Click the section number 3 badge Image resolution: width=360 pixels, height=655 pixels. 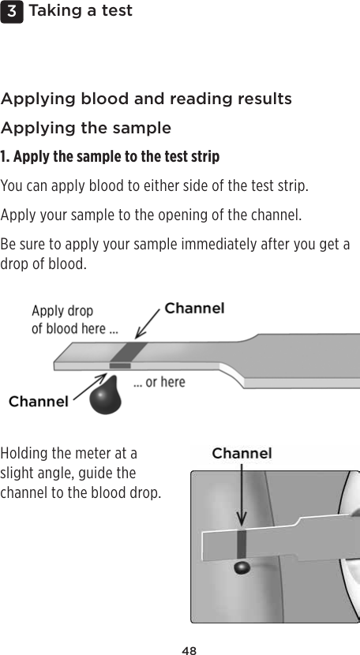[11, 11]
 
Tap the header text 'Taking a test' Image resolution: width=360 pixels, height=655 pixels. [80, 11]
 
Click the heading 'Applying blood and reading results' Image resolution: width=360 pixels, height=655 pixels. [146, 99]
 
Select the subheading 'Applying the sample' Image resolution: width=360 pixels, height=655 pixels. [86, 128]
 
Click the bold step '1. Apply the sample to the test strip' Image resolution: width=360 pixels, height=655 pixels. [110, 156]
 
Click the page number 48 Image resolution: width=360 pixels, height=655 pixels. [189, 650]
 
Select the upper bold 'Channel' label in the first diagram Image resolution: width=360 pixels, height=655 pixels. [194, 309]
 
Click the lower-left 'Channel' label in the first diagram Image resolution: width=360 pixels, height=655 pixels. [38, 402]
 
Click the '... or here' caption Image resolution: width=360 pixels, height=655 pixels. [159, 382]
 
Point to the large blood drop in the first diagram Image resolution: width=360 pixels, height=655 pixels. [107, 397]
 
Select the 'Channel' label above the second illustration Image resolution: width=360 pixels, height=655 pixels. [242, 453]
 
